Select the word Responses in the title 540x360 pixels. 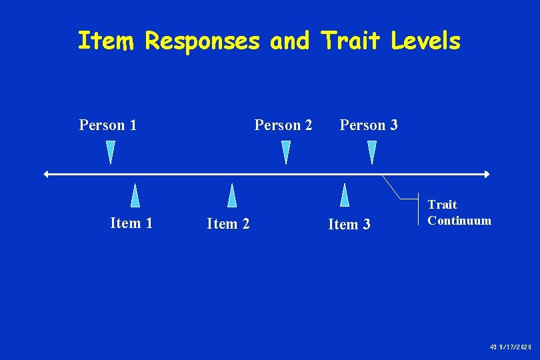[x=203, y=42]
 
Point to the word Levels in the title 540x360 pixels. [x=425, y=41]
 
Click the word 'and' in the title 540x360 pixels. [x=289, y=41]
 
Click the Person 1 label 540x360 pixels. [x=108, y=125]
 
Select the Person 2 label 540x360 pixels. [x=283, y=125]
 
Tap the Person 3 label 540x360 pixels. [x=369, y=125]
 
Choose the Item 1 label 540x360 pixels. [x=131, y=223]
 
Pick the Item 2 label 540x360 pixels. [x=228, y=224]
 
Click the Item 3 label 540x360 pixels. [x=349, y=225]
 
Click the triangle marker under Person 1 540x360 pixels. [x=111, y=152]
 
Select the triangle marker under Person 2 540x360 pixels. [x=286, y=152]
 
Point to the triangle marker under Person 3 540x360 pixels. [x=372, y=152]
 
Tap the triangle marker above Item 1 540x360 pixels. [x=135, y=195]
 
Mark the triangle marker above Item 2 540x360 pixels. [x=232, y=195]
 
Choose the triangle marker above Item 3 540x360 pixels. [x=345, y=195]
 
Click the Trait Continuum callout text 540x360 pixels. [x=459, y=213]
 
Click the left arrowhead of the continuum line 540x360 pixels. [x=46, y=174]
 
